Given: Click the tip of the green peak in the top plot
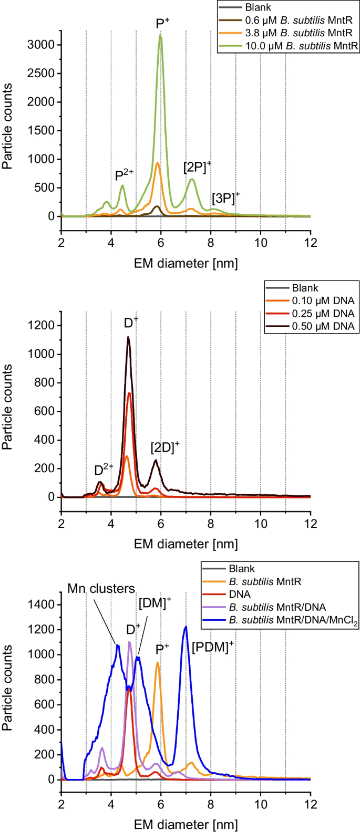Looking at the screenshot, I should [x=160, y=35].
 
